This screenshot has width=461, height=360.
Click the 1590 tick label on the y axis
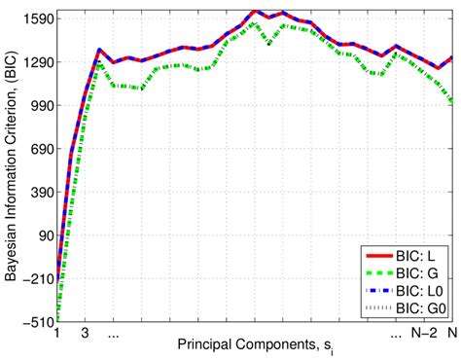click(x=38, y=18)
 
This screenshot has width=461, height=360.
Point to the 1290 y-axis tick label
click(x=38, y=61)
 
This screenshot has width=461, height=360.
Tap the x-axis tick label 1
click(x=57, y=333)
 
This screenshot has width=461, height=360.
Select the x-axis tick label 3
click(x=86, y=333)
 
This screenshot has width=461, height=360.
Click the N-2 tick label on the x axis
click(x=425, y=333)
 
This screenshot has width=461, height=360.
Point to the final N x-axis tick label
click(x=452, y=333)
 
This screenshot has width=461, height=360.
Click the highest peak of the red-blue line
click(x=255, y=11)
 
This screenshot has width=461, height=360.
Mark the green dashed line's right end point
click(x=452, y=100)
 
